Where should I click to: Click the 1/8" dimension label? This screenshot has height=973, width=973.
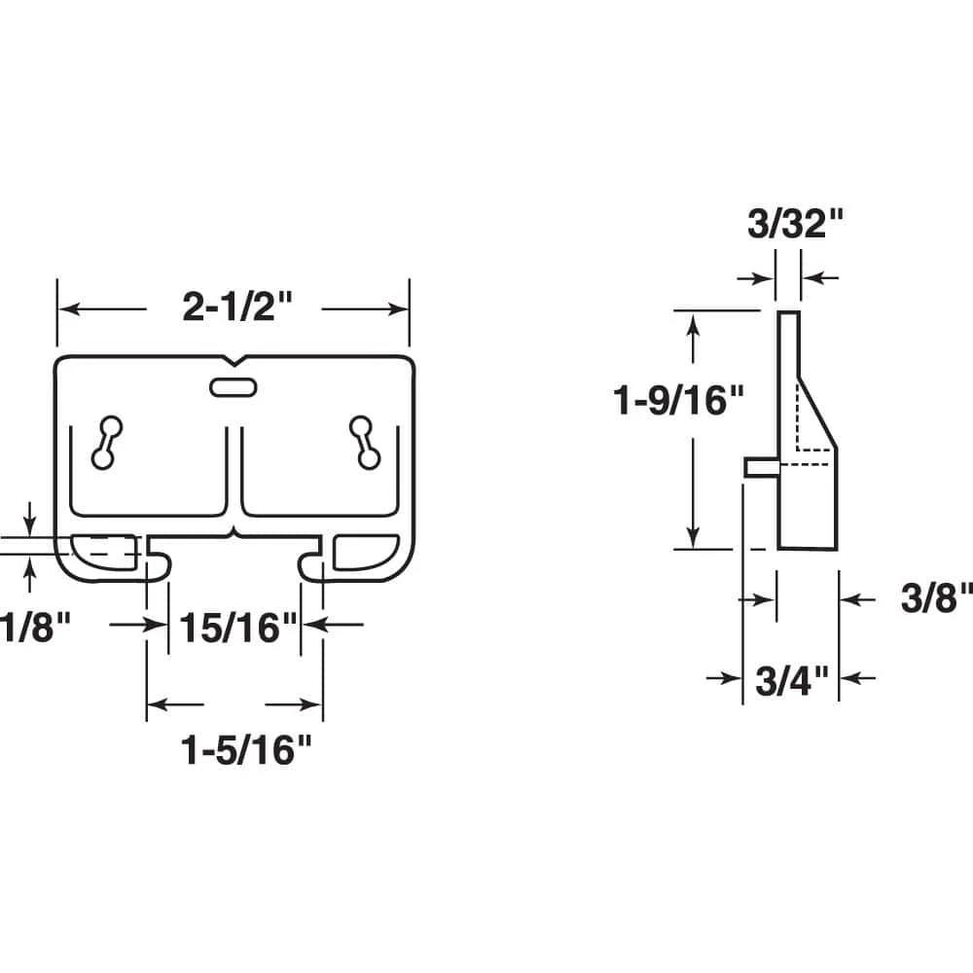[x=37, y=627]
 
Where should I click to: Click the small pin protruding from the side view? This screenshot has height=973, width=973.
[x=760, y=467]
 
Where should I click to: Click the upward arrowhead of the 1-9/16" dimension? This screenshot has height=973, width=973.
[x=693, y=322]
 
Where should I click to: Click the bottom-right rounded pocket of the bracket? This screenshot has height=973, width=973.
[x=362, y=551]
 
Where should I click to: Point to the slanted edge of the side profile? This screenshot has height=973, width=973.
[x=817, y=408]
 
